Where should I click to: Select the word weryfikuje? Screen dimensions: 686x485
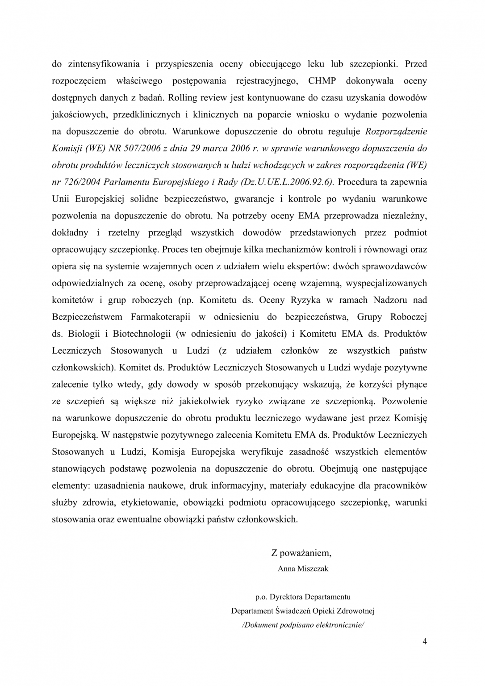[262, 452]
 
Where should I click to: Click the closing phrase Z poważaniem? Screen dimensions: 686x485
[301, 553]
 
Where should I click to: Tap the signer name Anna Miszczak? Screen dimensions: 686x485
[303, 569]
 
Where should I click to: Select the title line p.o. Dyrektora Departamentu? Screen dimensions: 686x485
[303, 597]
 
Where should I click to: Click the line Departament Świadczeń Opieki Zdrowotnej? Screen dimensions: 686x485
[303, 611]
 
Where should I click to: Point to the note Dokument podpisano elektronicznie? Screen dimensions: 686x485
[303, 625]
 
